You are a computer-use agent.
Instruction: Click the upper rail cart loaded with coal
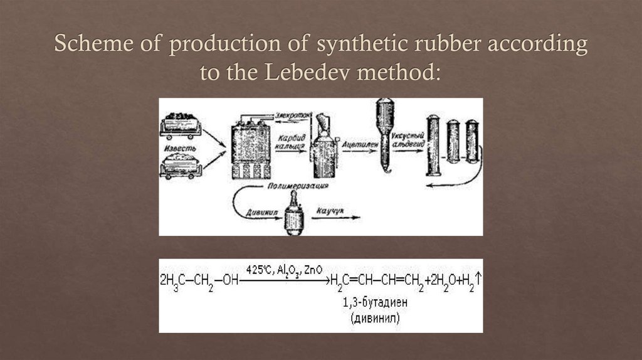click(181, 123)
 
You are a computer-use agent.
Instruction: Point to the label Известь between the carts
click(181, 149)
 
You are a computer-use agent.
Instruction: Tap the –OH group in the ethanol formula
click(229, 282)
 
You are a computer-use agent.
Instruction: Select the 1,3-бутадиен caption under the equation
click(376, 303)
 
